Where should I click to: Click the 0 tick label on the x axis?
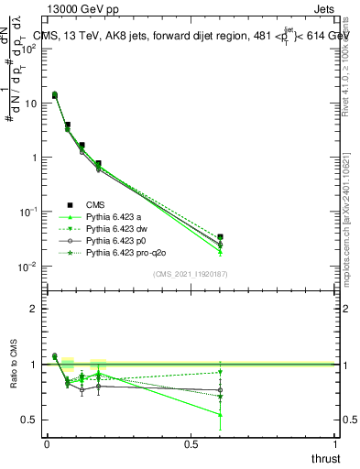click(47, 444)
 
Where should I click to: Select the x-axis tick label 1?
click(336, 444)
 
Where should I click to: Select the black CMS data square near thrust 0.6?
click(220, 237)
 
